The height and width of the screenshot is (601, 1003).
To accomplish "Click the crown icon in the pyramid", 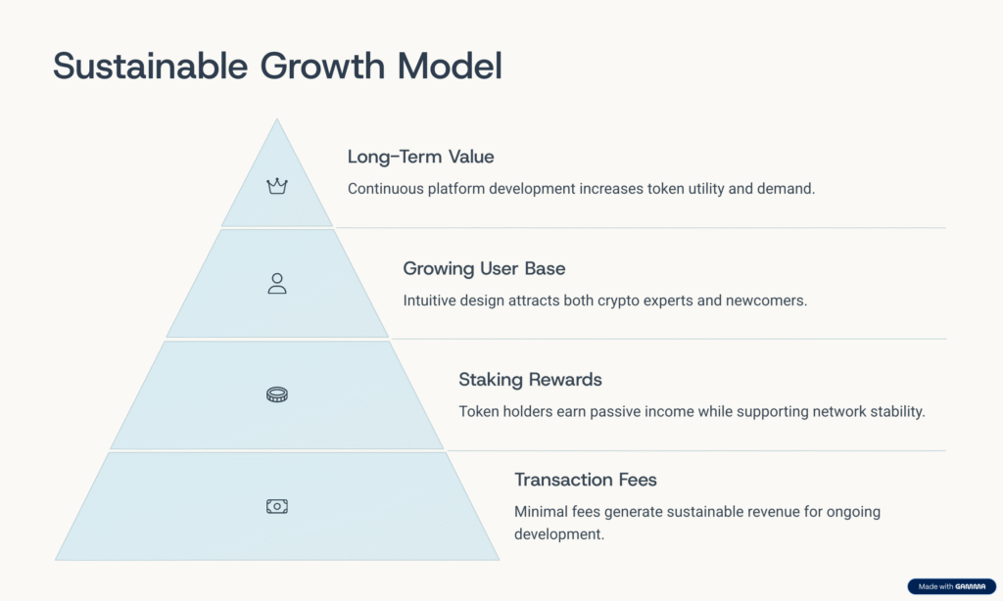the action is click(277, 186).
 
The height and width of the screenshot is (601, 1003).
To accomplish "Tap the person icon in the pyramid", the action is click(277, 283).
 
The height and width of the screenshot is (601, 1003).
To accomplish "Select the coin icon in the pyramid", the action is click(277, 394).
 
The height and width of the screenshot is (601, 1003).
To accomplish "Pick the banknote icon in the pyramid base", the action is click(277, 506).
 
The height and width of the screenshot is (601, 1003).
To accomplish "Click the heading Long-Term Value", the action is click(421, 157).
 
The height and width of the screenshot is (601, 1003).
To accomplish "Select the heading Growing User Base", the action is click(484, 268).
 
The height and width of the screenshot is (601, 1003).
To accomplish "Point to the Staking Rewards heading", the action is click(530, 380).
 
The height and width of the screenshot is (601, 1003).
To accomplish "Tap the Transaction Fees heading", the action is click(586, 480).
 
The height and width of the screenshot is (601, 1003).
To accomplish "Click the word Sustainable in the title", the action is click(150, 66).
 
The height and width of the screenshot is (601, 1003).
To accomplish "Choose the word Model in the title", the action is click(450, 66).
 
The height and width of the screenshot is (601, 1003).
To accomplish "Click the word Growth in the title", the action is click(322, 66).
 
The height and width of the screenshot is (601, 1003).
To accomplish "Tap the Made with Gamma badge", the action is click(952, 586).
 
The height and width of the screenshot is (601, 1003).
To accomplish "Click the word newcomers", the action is click(766, 300).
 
